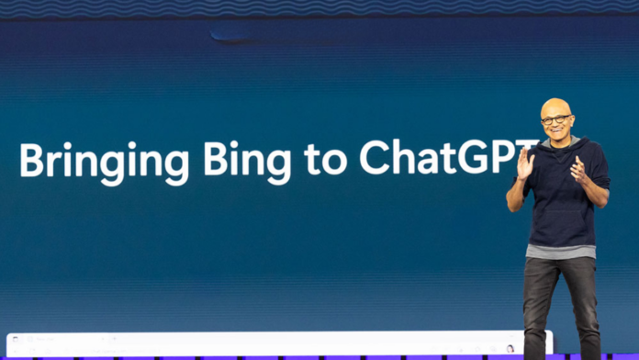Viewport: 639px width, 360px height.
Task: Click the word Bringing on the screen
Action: (x=104, y=161)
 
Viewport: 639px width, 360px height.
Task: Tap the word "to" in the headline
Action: (x=325, y=160)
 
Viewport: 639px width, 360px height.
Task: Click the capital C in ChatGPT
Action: (x=375, y=157)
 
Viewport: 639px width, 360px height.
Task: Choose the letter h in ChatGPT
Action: (x=403, y=157)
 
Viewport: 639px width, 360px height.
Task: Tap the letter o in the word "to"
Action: (x=336, y=162)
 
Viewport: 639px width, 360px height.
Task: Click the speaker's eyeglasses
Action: (x=555, y=119)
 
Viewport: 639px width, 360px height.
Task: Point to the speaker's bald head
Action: (x=555, y=106)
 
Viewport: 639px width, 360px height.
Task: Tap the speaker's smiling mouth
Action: (x=557, y=133)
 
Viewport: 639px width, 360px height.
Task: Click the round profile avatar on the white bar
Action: (x=510, y=348)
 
